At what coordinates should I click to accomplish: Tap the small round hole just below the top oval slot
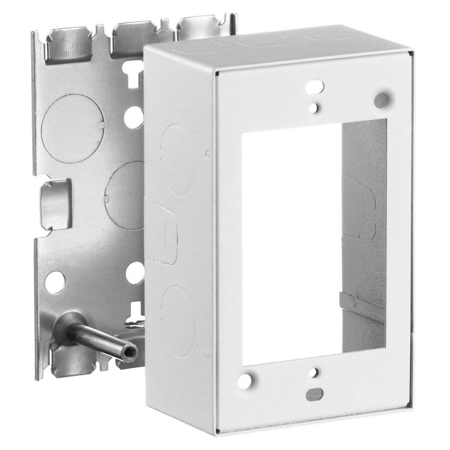[313, 108]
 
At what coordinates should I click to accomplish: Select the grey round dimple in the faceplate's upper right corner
[382, 99]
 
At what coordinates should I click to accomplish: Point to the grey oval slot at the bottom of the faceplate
[313, 394]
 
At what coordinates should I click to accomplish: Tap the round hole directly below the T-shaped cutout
[133, 117]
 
